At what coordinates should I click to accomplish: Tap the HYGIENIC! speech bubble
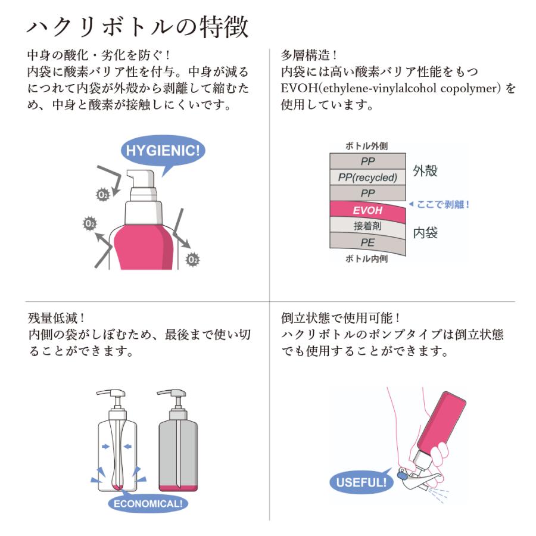[x=163, y=150]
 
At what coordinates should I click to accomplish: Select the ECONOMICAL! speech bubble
[x=148, y=504]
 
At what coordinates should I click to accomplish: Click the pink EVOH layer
[x=367, y=210]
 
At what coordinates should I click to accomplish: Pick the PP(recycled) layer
[x=367, y=177]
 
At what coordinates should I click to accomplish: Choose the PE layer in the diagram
[x=367, y=242]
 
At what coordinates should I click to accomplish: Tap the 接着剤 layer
[x=367, y=226]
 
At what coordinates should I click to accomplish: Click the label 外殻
[x=425, y=172]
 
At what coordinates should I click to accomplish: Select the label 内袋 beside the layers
[x=425, y=233]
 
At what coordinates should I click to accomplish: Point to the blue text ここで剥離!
[x=440, y=204]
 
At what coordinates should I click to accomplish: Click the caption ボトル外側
[x=367, y=146]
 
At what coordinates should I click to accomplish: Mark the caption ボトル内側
[x=367, y=259]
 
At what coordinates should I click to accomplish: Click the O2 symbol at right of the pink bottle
[x=192, y=259]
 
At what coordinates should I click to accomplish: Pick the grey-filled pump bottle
[x=178, y=444]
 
